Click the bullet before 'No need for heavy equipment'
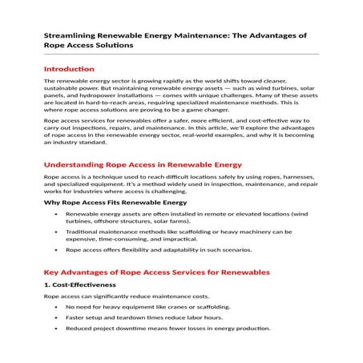55,307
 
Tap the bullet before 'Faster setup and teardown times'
55,317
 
